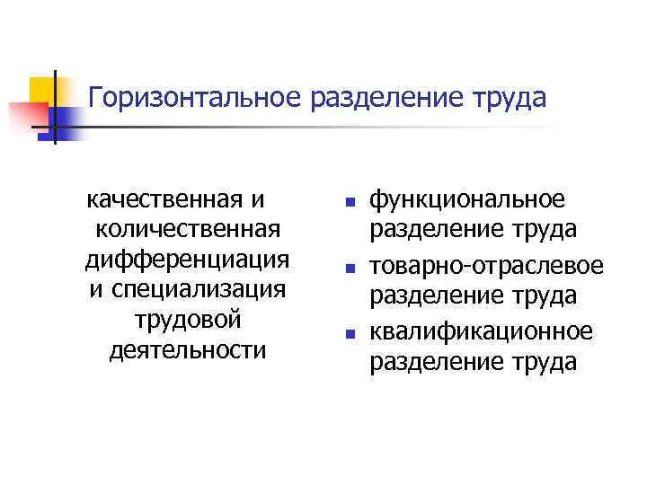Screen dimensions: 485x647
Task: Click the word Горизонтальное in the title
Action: (x=195, y=96)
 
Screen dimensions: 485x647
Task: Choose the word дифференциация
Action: (x=187, y=260)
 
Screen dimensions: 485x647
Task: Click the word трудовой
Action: (x=187, y=319)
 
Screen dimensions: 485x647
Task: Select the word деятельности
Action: (x=187, y=348)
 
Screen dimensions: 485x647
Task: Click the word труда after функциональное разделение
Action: (x=546, y=230)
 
